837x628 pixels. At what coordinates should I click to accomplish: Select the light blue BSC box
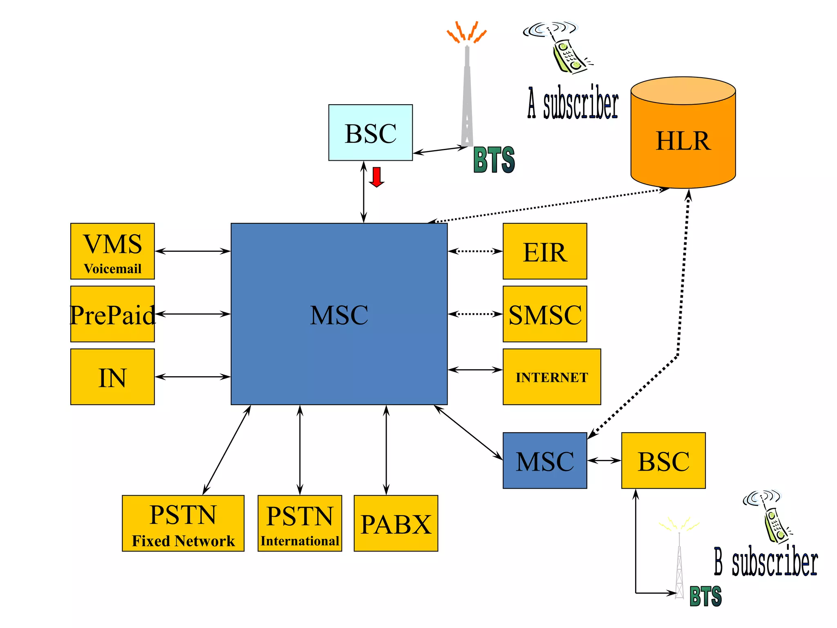[x=370, y=132]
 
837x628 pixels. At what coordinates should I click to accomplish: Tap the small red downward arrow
[x=376, y=177]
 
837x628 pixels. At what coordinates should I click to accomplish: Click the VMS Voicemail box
[x=112, y=251]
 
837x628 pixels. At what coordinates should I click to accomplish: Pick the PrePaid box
[x=112, y=314]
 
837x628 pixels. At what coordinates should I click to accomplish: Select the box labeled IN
[x=112, y=377]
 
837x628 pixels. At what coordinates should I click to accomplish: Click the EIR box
[x=545, y=251]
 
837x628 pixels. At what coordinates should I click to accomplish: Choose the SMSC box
[x=545, y=314]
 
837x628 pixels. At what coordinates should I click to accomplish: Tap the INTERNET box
[x=551, y=377]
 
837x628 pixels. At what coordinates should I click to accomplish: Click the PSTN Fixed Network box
[x=183, y=523]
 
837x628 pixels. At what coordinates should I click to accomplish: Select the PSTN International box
[x=300, y=523]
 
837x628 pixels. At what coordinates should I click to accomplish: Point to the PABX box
[x=396, y=523]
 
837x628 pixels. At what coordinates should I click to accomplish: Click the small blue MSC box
[x=545, y=460]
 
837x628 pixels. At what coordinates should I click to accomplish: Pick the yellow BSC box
[x=663, y=460]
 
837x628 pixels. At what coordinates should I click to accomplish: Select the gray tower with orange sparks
[x=467, y=94]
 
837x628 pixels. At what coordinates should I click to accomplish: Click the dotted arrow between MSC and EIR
[x=475, y=251]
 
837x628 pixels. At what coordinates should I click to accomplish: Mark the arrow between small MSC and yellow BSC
[x=604, y=461]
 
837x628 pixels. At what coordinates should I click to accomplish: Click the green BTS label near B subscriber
[x=705, y=596]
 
